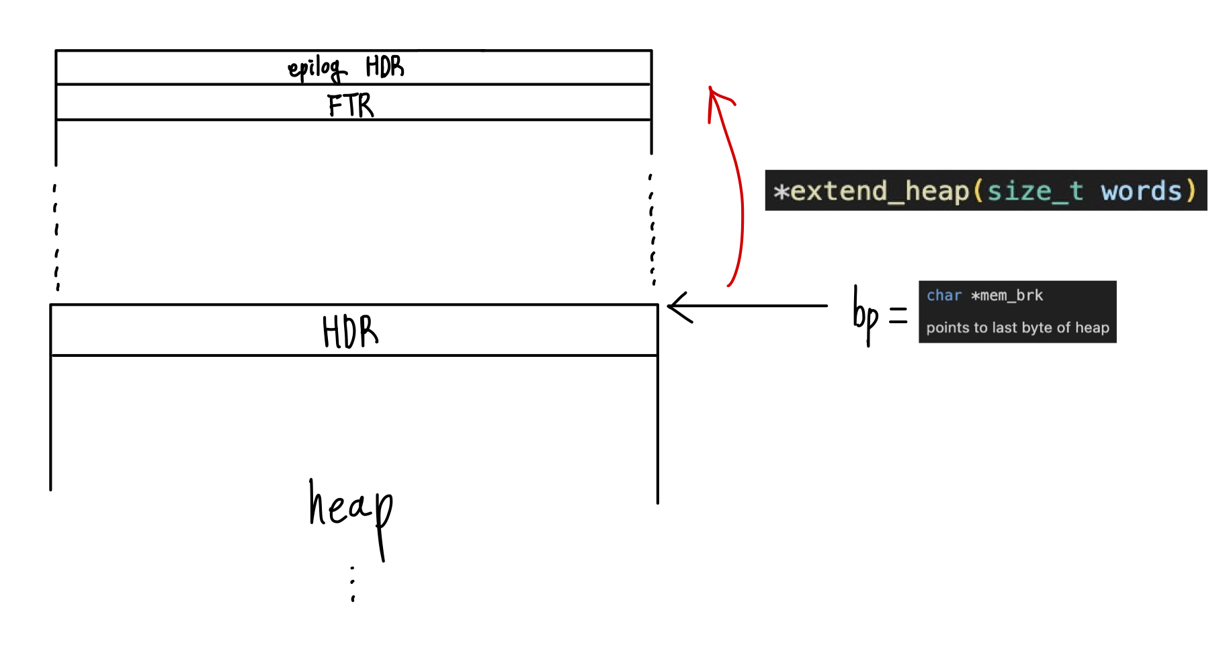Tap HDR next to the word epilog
tap(384, 67)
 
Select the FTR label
tap(350, 106)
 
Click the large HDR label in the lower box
tap(350, 331)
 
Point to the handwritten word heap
tap(351, 511)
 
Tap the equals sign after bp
tap(898, 315)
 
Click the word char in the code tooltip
tap(943, 296)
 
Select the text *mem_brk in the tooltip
tap(1007, 296)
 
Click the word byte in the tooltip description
tap(1036, 328)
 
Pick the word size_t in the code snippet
tap(1034, 192)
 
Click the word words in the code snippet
tap(1141, 192)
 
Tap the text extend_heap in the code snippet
tap(880, 192)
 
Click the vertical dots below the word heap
tap(353, 583)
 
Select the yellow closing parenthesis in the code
tap(1191, 192)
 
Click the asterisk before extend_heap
tap(780, 192)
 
